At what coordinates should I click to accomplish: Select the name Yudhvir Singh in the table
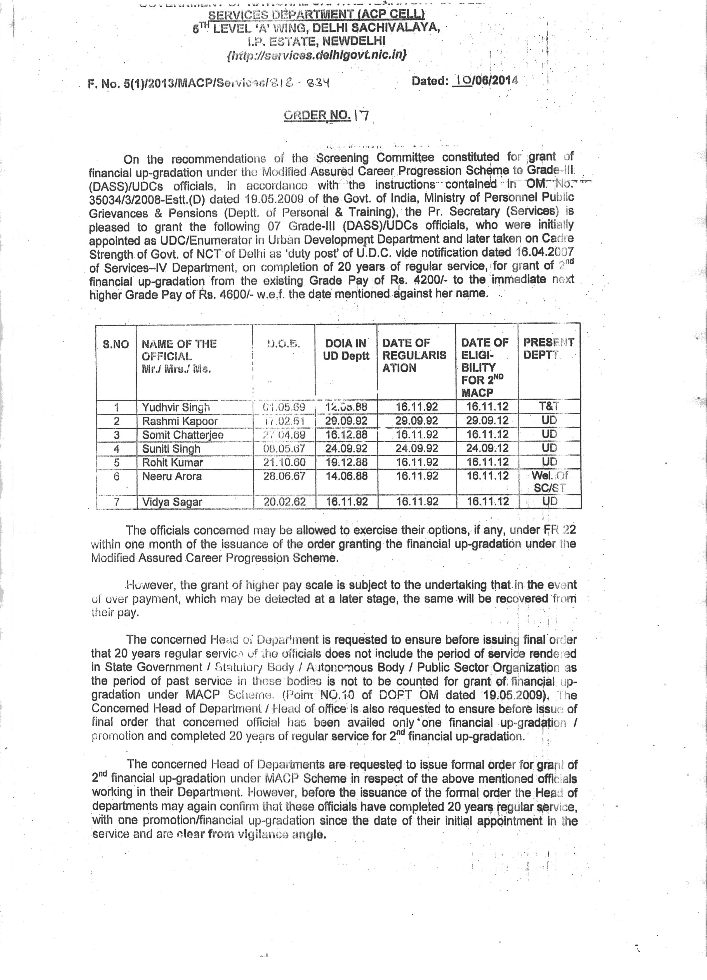pos(176,407)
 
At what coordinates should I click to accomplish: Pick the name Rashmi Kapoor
pos(180,421)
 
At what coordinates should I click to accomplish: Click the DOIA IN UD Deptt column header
pos(346,350)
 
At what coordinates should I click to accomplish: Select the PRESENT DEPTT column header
pos(548,348)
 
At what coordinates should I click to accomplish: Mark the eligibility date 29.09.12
pos(487,421)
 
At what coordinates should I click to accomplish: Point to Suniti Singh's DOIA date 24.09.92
pos(346,448)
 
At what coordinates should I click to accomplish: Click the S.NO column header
pos(116,344)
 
